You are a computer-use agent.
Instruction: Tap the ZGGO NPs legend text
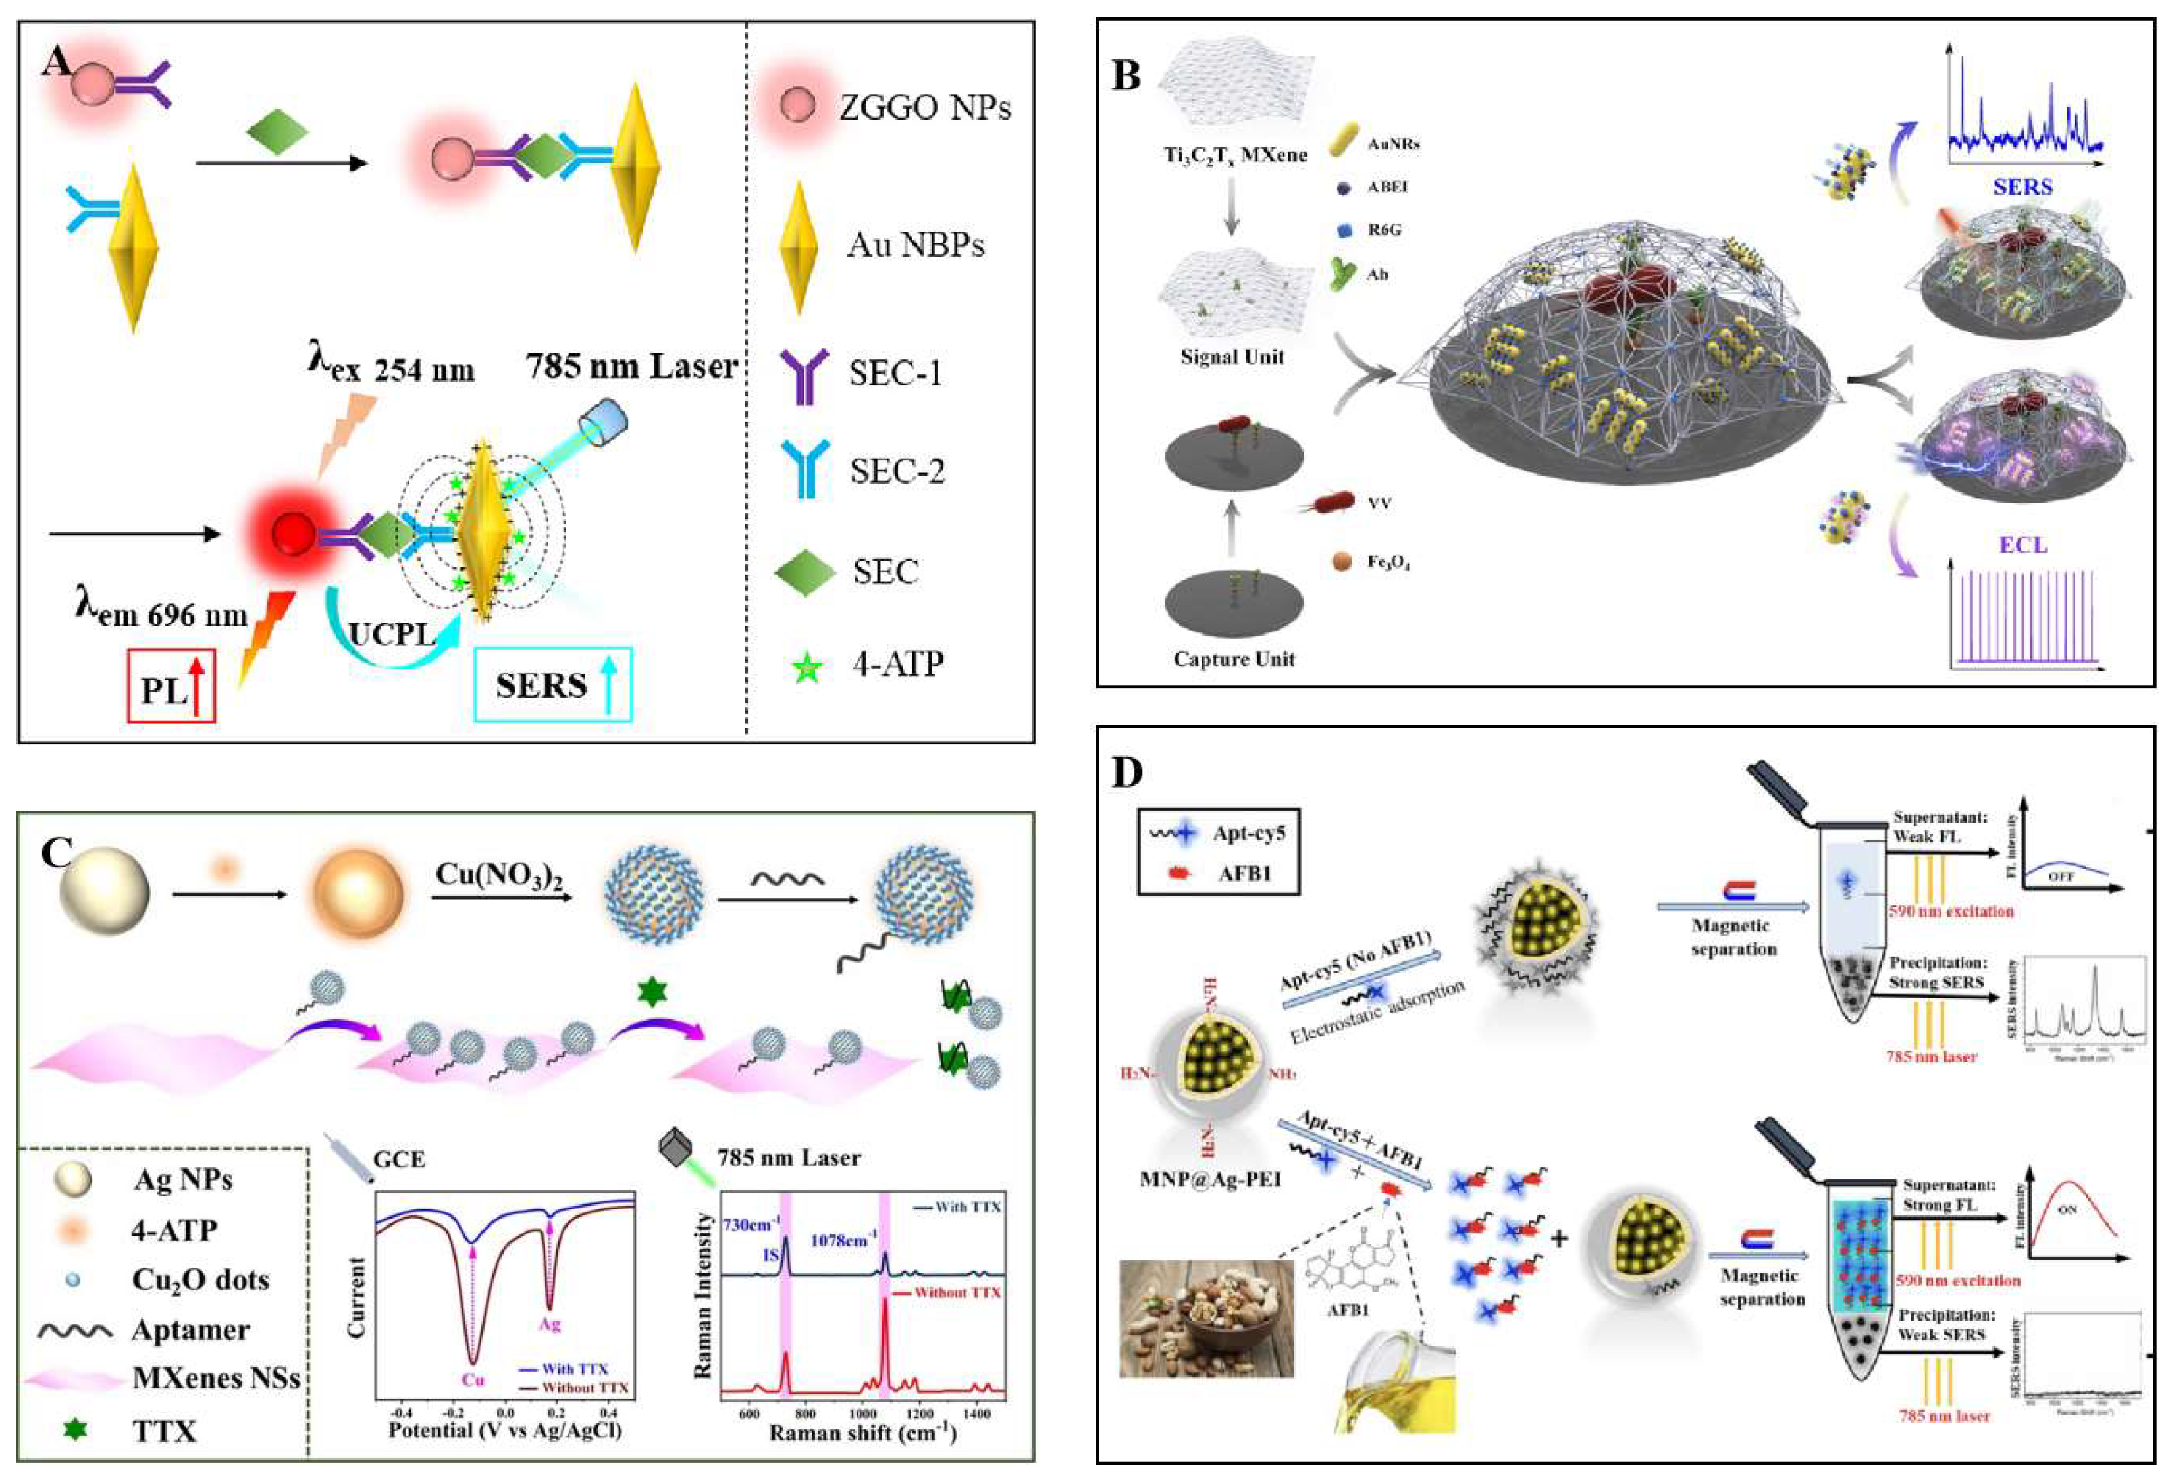[924, 108]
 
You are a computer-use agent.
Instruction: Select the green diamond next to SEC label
[805, 572]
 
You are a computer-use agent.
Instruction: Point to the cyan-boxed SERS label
[552, 686]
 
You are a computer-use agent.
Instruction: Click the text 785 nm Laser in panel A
[631, 367]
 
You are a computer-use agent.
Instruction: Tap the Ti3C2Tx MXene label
[1234, 155]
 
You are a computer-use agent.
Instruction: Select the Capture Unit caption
[1233, 659]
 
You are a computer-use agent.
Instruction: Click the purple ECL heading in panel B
[2022, 544]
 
